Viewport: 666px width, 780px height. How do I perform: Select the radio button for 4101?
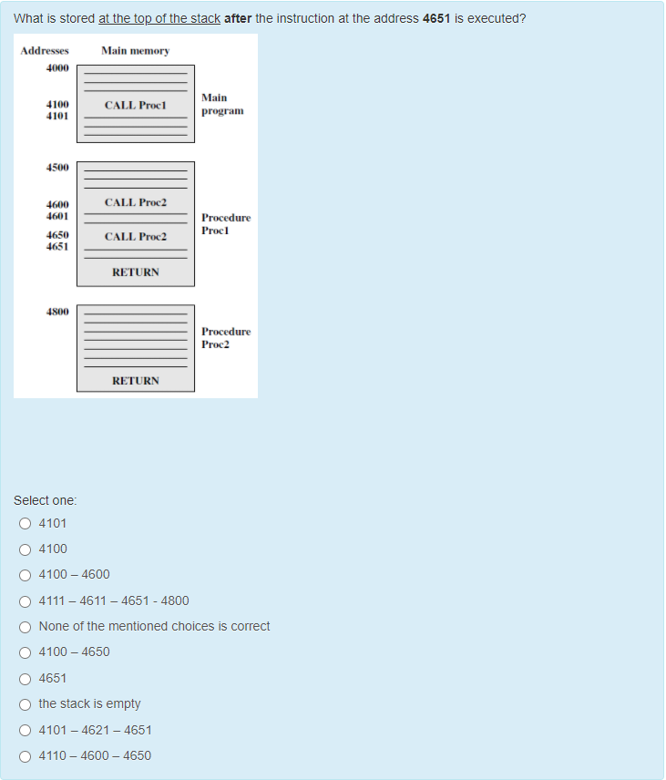click(25, 523)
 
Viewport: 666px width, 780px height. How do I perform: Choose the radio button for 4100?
click(25, 549)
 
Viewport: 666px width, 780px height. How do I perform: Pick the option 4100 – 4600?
click(25, 575)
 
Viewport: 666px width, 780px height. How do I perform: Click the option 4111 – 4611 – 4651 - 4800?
click(25, 600)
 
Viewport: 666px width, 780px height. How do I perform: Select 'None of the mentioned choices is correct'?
click(25, 626)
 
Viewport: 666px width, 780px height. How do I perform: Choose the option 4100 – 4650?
click(25, 652)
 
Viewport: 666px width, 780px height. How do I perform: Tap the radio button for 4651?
click(25, 678)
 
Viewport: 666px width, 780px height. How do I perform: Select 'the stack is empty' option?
click(25, 703)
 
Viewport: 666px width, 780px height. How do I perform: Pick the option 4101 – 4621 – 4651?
click(25, 730)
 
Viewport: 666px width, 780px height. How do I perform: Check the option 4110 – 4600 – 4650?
click(25, 755)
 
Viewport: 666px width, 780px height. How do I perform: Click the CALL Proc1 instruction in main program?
click(135, 106)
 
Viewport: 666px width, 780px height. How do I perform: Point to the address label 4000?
click(57, 68)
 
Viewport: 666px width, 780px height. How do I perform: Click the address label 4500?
click(57, 168)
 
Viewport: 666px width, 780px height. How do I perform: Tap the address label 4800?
click(57, 312)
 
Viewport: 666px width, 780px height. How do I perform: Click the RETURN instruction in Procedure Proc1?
click(136, 272)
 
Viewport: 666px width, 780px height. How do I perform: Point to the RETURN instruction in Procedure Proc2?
click(136, 381)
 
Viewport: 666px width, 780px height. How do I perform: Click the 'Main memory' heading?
click(135, 51)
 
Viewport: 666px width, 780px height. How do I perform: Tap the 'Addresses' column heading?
click(45, 51)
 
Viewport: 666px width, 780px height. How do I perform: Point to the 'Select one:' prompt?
click(46, 500)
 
